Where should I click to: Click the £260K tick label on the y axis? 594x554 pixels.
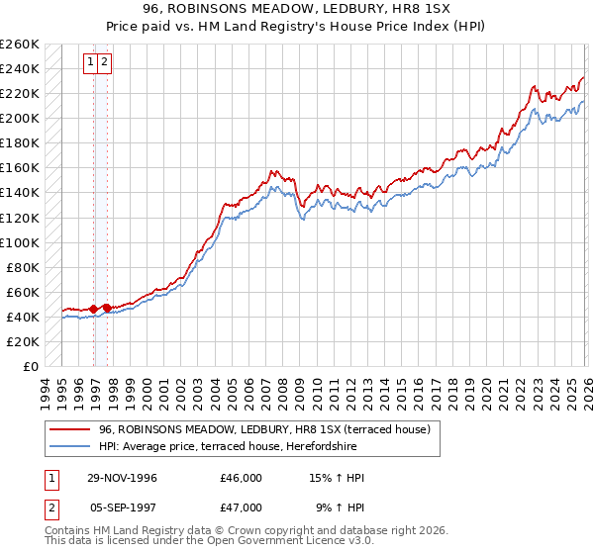(x=19, y=45)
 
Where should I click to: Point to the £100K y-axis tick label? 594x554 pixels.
(x=19, y=242)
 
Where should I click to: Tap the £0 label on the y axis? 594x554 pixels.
(x=30, y=366)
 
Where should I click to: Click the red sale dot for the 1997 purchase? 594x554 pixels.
(x=107, y=308)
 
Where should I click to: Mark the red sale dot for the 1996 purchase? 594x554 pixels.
(x=94, y=309)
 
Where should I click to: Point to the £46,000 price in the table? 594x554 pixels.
(x=241, y=478)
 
